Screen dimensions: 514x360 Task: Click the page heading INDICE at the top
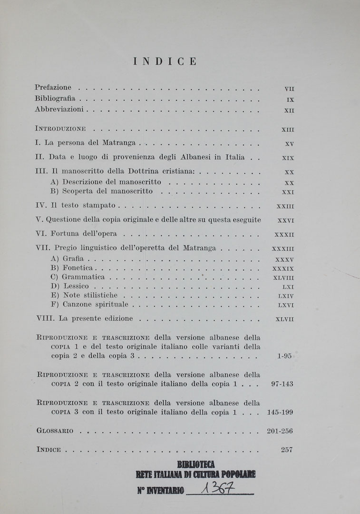point(165,61)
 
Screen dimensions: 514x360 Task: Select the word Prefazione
point(53,88)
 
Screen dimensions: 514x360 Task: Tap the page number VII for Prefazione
point(289,89)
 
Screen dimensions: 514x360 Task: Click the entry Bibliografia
point(55,99)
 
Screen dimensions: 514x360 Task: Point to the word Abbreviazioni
point(59,109)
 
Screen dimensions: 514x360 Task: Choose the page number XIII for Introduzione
point(288,129)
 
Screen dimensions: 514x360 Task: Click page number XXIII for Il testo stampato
point(285,207)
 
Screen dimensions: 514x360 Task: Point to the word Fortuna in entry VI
point(63,234)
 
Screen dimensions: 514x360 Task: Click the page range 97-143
point(282,385)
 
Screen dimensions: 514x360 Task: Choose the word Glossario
point(55,431)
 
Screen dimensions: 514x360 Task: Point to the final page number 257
point(286,450)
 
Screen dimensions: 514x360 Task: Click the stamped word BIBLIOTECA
point(195,465)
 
